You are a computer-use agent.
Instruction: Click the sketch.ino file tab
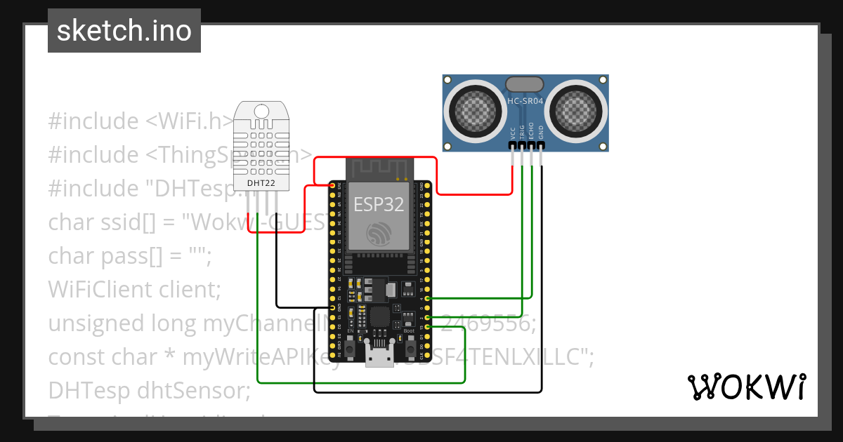pos(124,31)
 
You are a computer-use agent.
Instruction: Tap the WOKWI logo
pos(746,387)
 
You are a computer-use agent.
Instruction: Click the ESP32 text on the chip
pos(379,204)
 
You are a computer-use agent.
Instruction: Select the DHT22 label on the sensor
pos(261,184)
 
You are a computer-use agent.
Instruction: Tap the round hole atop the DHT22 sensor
pos(261,111)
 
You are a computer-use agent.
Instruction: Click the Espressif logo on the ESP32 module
pos(379,234)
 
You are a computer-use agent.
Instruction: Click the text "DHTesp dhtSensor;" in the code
pos(149,390)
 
